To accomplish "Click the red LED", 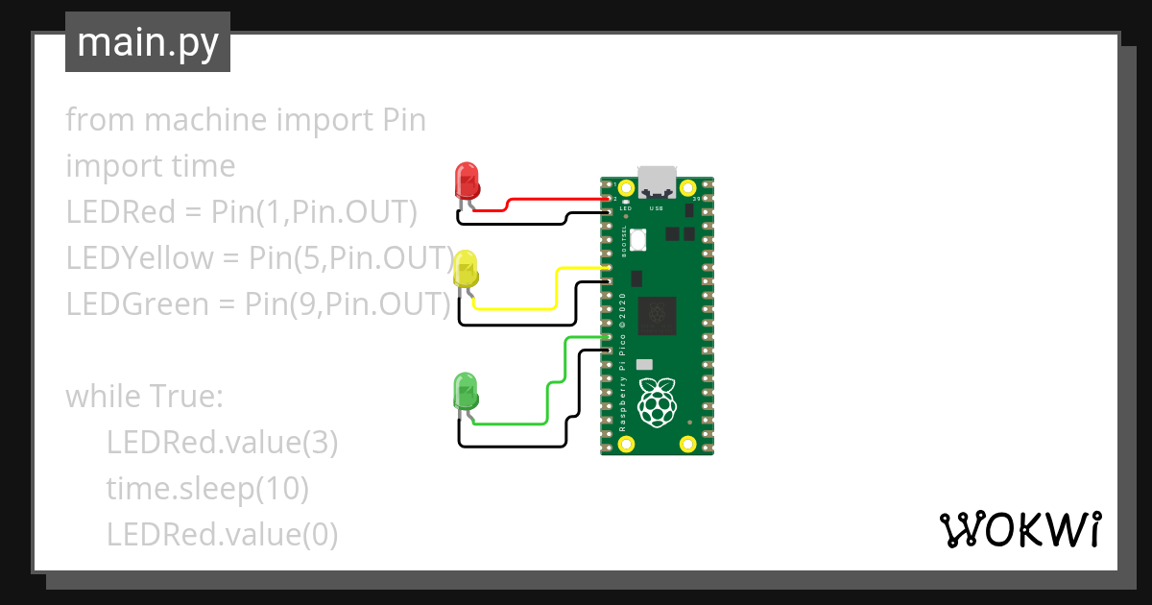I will point(467,180).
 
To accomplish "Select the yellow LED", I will point(466,269).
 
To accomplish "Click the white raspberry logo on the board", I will point(658,401).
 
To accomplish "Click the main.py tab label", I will point(147,42).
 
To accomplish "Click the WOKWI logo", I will point(1020,529).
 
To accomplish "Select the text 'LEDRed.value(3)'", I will point(222,443).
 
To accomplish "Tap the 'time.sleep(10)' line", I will point(207,489).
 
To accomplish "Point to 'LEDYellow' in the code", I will point(138,258).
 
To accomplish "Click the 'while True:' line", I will point(143,397).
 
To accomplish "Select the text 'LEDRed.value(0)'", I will point(222,535).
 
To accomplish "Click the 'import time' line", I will point(150,166).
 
